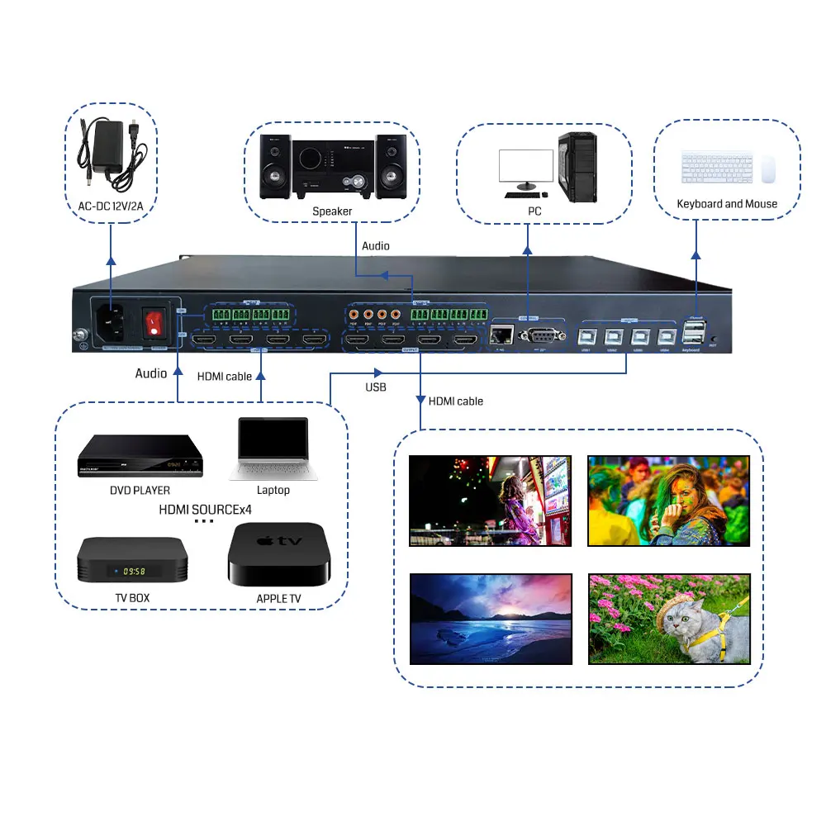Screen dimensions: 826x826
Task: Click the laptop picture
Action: (x=273, y=448)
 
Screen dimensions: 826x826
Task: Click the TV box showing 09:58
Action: (x=132, y=561)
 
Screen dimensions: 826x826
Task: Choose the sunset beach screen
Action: (x=491, y=619)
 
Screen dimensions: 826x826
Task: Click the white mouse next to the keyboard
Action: (x=768, y=169)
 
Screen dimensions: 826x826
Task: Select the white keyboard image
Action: (x=717, y=167)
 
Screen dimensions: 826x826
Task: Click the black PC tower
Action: (x=577, y=168)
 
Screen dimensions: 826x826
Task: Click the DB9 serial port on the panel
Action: (x=541, y=334)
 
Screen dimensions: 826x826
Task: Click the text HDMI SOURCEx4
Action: (x=205, y=510)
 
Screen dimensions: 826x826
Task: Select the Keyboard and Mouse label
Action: (x=727, y=204)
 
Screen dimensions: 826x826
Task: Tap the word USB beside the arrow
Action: (x=376, y=387)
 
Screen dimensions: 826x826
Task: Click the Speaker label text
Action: (x=332, y=211)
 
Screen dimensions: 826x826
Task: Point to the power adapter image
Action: (x=110, y=154)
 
